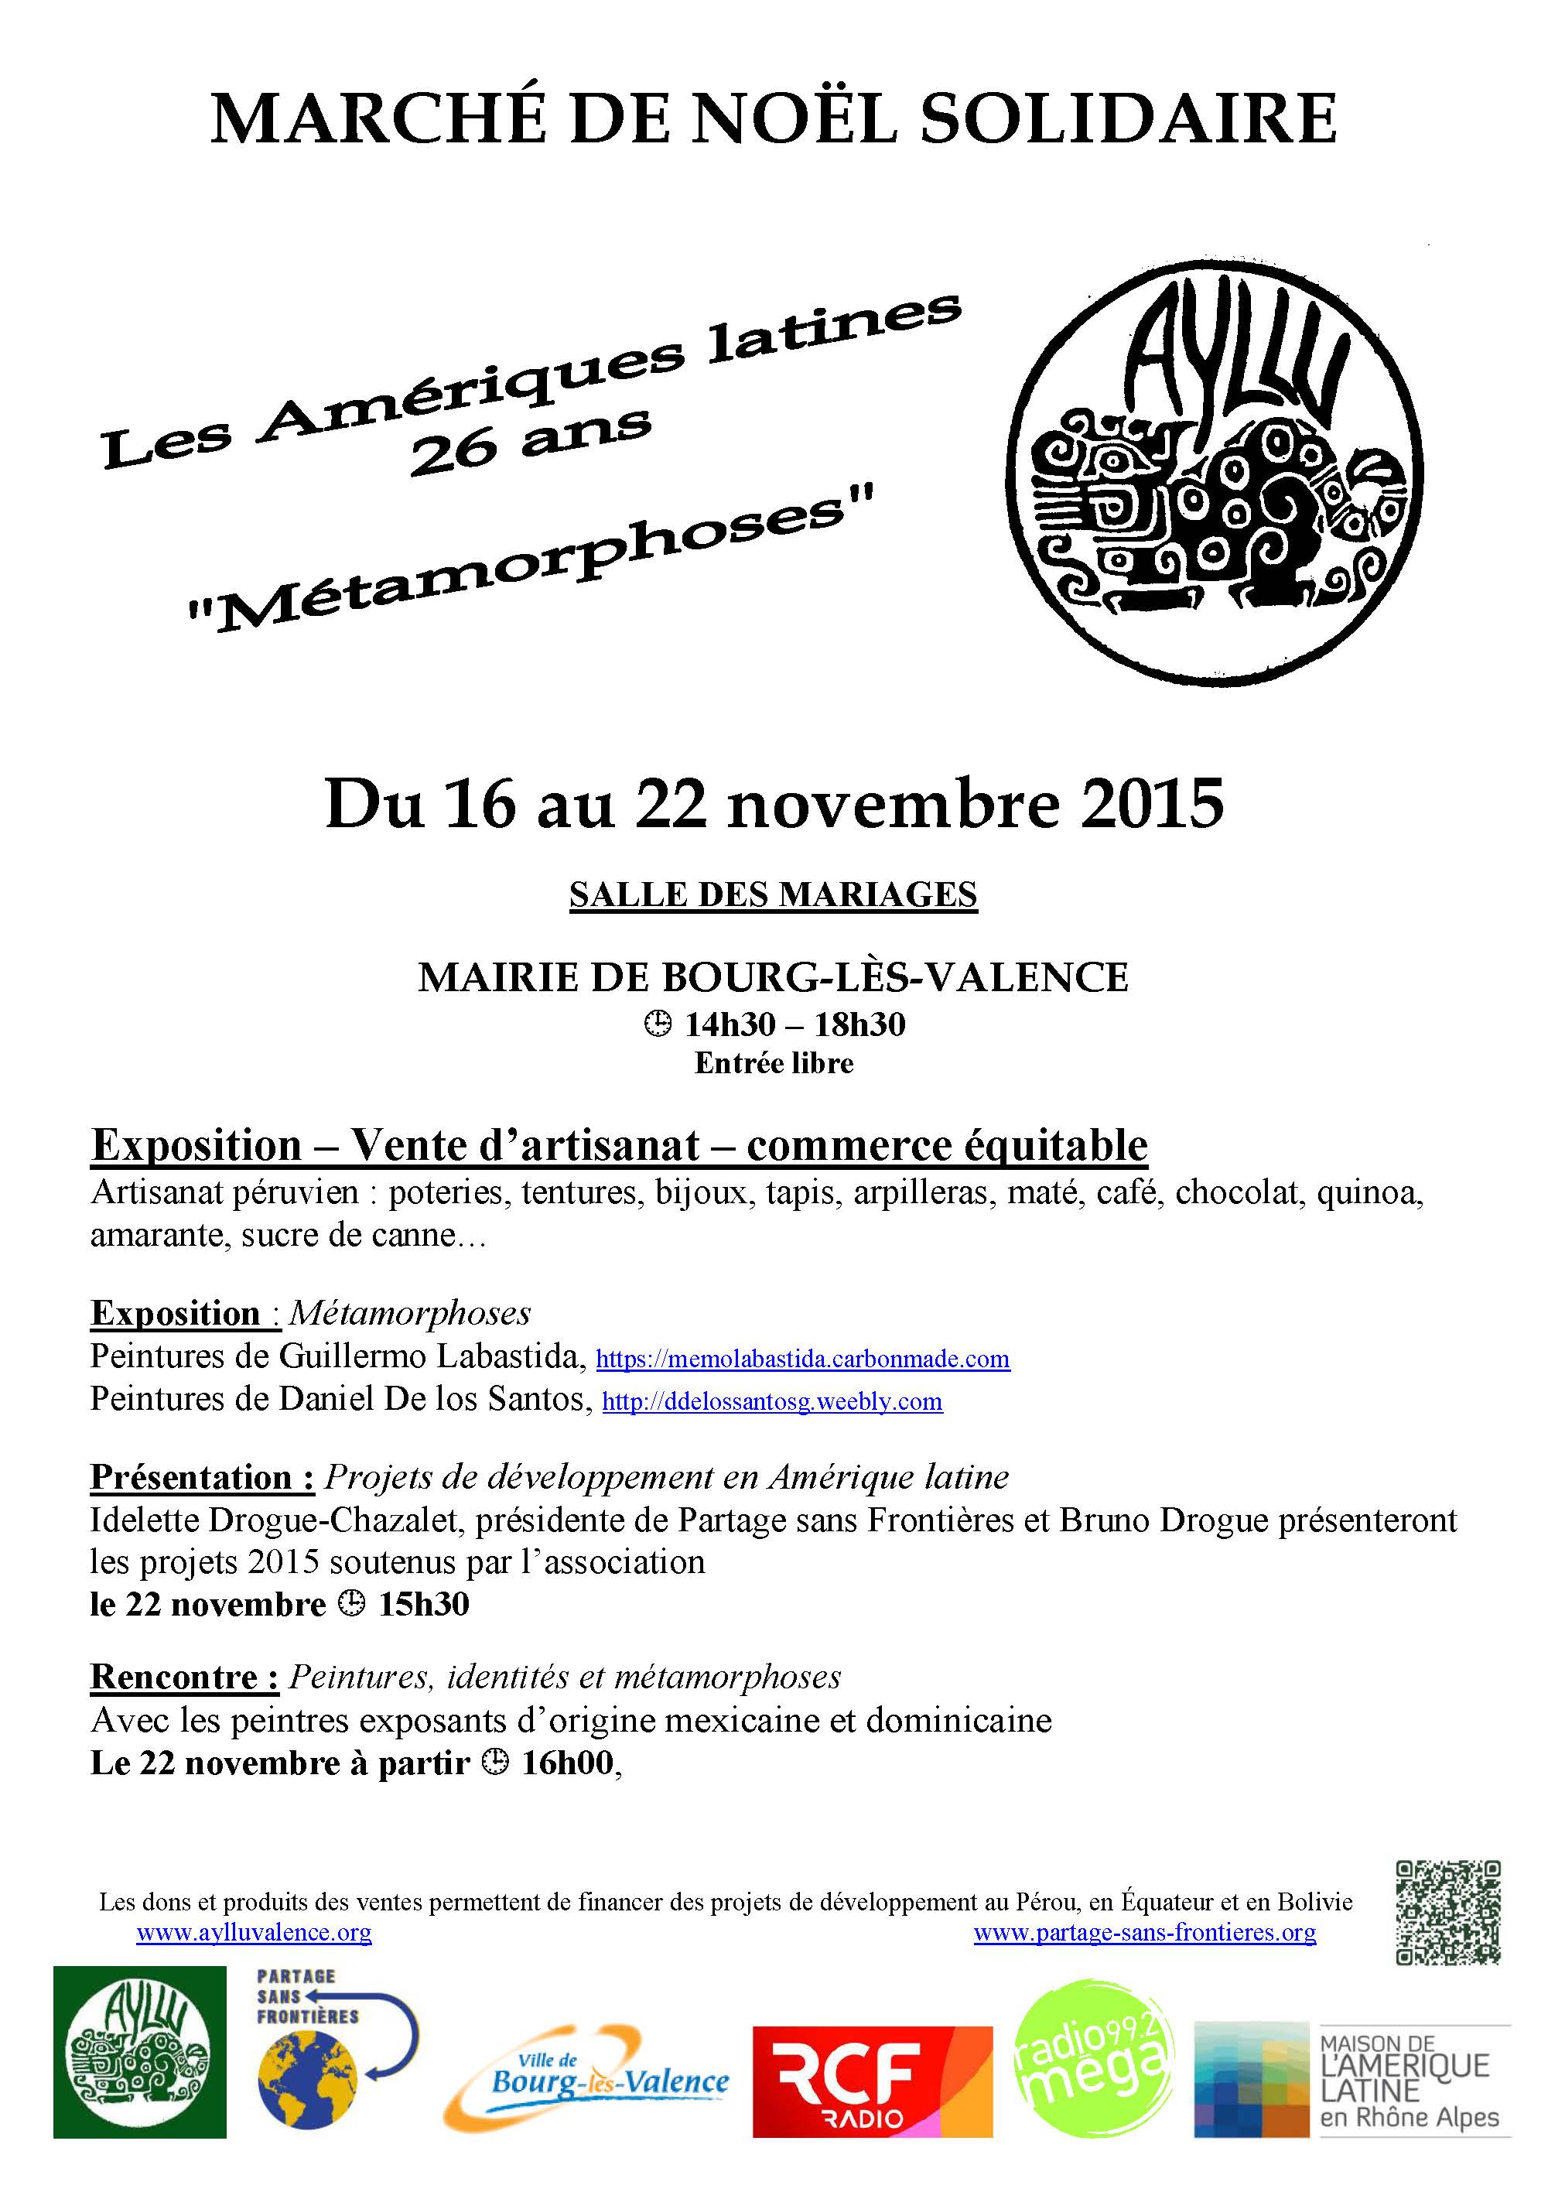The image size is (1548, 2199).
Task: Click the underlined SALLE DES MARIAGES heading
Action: (773, 894)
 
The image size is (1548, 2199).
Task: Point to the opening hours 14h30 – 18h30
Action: (794, 1024)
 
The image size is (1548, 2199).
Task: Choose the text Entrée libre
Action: (774, 1063)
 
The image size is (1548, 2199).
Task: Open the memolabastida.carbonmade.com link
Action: (802, 1359)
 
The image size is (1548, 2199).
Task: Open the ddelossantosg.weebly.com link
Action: (771, 1401)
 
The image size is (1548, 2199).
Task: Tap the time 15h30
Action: (423, 1604)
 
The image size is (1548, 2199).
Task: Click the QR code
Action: (1447, 1913)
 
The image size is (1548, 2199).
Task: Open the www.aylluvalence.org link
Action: (254, 1933)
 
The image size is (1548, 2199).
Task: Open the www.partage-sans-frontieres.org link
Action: (1144, 1933)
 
